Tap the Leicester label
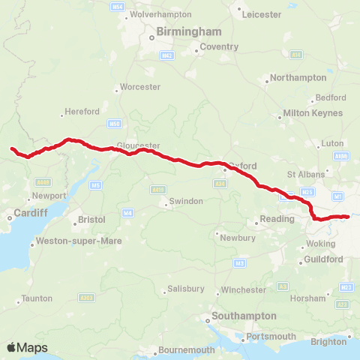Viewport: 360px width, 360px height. (259, 14)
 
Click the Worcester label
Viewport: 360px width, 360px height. (140, 87)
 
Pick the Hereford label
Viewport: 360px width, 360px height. (82, 112)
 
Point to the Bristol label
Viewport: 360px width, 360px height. (92, 220)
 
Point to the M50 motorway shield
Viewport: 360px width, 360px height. (114, 123)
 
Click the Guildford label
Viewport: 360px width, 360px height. (324, 259)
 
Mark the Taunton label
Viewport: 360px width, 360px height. (37, 298)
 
